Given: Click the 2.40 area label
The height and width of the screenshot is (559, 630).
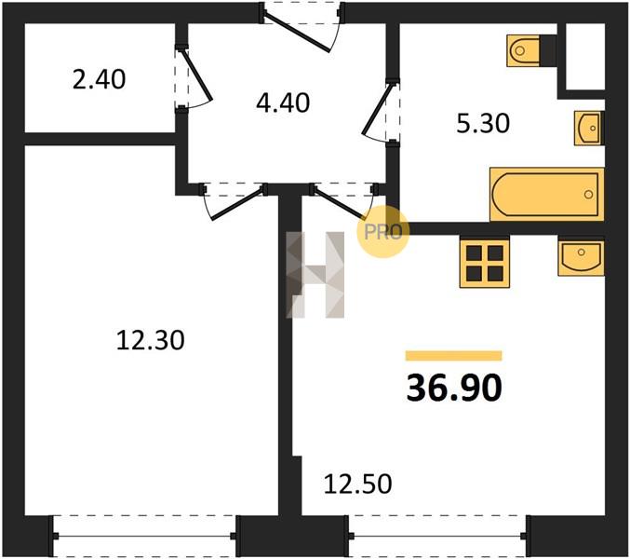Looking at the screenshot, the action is click(99, 79).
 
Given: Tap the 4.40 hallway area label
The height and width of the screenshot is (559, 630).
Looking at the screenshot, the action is click(283, 102).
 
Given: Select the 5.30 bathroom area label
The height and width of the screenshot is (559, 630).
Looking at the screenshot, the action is click(483, 123).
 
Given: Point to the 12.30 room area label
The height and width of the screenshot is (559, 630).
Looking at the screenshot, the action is click(150, 340).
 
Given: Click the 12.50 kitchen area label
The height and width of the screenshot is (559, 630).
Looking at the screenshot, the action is click(357, 484).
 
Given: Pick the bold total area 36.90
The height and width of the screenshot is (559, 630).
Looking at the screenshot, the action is click(454, 388).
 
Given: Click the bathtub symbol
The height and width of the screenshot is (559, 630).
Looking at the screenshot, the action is click(547, 194).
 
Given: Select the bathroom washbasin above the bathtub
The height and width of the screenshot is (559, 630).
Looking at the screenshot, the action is click(589, 128).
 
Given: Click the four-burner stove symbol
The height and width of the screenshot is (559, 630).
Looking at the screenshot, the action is click(485, 264).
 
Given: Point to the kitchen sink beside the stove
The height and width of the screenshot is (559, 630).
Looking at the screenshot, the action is click(581, 258).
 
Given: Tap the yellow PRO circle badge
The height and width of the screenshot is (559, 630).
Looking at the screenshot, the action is click(382, 231).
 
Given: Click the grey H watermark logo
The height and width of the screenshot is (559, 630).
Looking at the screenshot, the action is click(315, 275).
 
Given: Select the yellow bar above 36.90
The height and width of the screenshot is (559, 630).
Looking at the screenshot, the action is click(453, 356).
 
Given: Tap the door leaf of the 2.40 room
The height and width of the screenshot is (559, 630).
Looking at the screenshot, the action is click(197, 75).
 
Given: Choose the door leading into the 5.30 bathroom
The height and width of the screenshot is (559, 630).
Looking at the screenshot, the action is click(377, 109).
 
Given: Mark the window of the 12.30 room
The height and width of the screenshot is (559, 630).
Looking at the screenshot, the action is click(144, 536).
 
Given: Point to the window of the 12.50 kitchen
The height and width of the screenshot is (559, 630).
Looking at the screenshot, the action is click(437, 536).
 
